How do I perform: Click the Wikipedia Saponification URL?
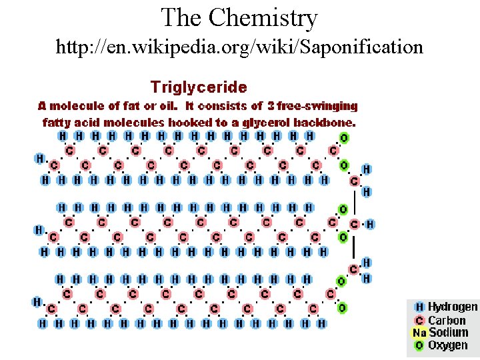tap(239, 47)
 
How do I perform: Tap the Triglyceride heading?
tap(199, 87)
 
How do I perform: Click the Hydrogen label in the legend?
tap(453, 307)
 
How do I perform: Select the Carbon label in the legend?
tap(447, 320)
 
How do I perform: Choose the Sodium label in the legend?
tap(449, 332)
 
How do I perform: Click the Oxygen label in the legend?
tap(447, 345)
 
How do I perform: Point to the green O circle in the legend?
tap(419, 345)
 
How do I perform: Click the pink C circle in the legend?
tap(419, 320)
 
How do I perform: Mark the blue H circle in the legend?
tap(419, 307)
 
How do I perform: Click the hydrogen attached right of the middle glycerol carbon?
tap(370, 224)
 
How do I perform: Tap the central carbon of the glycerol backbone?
tap(355, 224)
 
